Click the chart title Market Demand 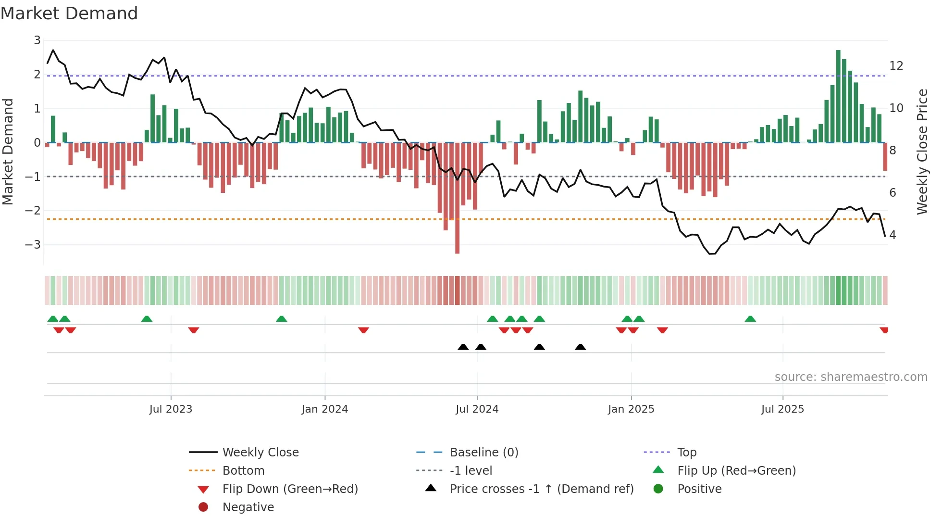[x=69, y=13]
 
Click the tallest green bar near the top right [x=838, y=96]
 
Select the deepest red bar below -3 [x=457, y=202]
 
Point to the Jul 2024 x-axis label [x=477, y=409]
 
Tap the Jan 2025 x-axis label [x=631, y=409]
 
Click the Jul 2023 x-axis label [x=171, y=409]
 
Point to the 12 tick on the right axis [x=896, y=66]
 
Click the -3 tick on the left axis [x=33, y=245]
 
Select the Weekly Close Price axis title [x=922, y=151]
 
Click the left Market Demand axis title [x=8, y=151]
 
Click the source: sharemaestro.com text [x=851, y=377]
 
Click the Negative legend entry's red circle [x=203, y=507]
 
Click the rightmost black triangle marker [x=580, y=347]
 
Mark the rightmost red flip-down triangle [x=884, y=330]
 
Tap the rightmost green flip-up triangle [x=750, y=319]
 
